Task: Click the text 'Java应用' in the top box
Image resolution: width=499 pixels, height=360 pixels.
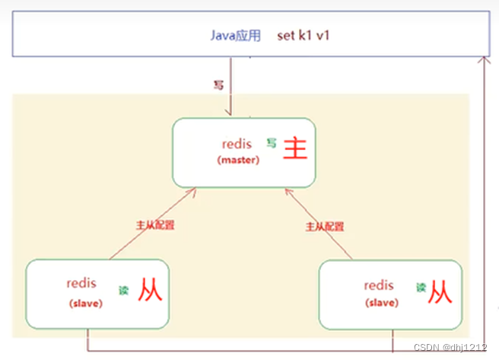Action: pos(234,36)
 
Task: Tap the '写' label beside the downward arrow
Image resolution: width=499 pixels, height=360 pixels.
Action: pos(218,86)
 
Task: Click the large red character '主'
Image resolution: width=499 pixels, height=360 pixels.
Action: pos(295,147)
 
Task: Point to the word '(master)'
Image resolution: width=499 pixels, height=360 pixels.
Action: pos(238,160)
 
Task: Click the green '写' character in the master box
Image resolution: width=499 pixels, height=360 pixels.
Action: pos(271,142)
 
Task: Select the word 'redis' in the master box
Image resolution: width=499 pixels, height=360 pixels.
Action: pos(237,143)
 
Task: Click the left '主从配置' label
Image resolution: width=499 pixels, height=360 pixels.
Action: pos(155,225)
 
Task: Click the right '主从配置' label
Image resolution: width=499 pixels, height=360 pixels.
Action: pos(324,226)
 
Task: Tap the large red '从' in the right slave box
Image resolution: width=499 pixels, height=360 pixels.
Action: pos(440,291)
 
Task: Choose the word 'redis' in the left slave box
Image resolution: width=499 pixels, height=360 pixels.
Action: pos(82,283)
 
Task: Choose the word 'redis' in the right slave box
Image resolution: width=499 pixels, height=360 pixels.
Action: pos(380,285)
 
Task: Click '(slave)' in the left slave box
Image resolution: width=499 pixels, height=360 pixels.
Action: pos(85,303)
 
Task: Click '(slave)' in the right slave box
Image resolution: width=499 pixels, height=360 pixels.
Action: pos(380,303)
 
